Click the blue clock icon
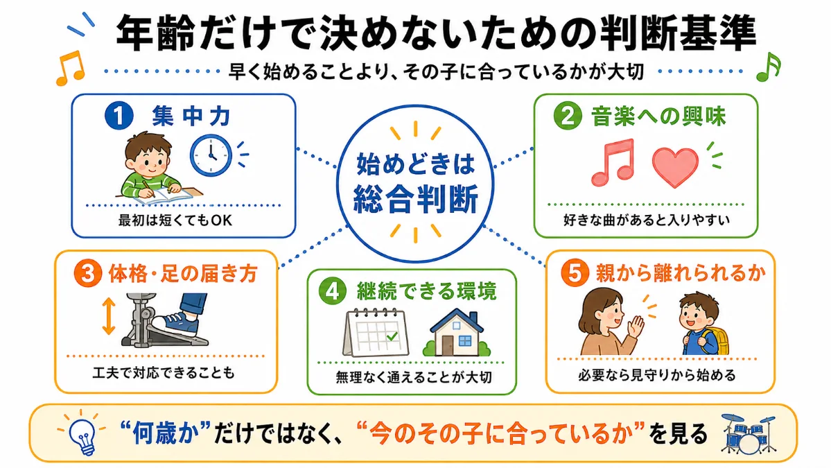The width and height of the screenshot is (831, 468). (x=211, y=155)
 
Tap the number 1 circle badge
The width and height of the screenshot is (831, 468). (x=119, y=116)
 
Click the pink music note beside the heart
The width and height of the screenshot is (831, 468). (x=613, y=162)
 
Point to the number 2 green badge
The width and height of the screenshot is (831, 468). (x=568, y=116)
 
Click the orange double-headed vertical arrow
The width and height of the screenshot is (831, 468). (x=109, y=316)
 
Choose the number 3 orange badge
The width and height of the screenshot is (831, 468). (x=88, y=273)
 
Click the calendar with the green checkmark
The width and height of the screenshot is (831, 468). (x=376, y=333)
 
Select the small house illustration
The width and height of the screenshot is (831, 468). (x=457, y=333)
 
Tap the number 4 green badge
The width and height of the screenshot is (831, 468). (x=332, y=291)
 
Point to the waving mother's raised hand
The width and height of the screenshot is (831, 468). (x=635, y=325)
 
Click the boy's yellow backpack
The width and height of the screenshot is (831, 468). (x=718, y=334)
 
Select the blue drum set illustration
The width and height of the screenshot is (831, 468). (x=748, y=434)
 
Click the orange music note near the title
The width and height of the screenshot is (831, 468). (x=71, y=68)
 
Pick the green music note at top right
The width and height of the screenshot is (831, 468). (x=769, y=67)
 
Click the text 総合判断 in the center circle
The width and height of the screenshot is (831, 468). (x=416, y=199)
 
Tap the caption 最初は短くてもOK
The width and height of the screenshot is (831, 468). (x=175, y=220)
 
